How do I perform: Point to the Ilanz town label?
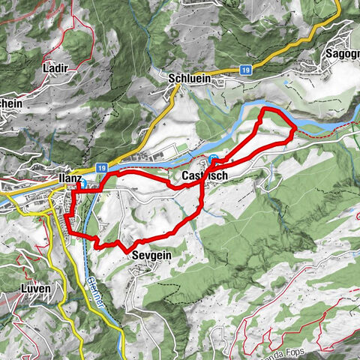click(69, 178)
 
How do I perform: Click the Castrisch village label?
click(204, 176)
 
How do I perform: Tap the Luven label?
click(36, 289)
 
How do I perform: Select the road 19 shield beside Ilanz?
click(102, 170)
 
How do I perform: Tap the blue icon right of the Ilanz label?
click(85, 181)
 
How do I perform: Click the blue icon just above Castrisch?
click(214, 160)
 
